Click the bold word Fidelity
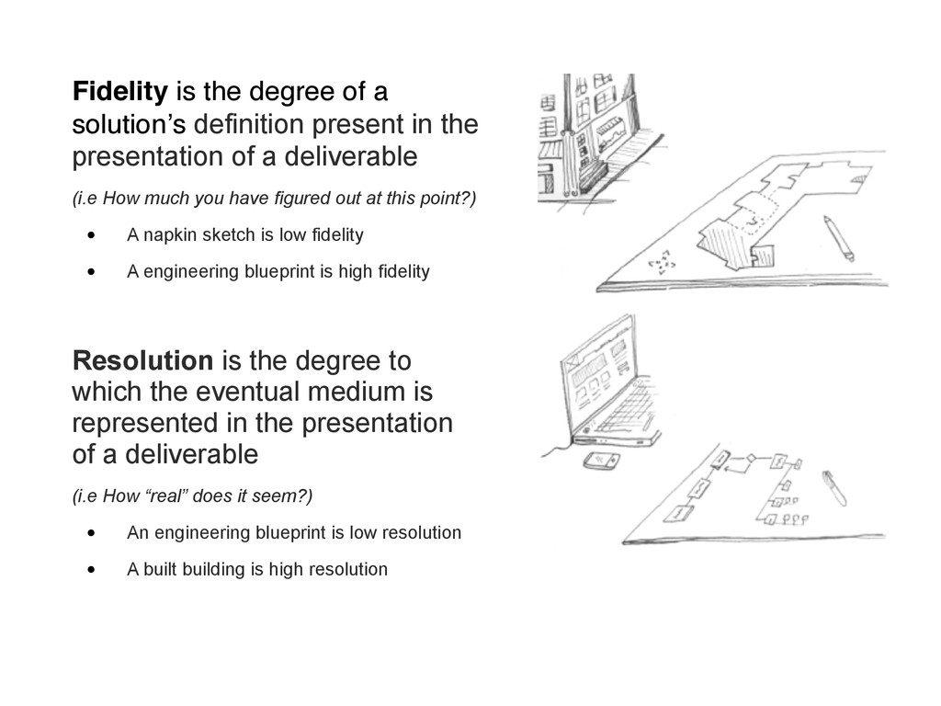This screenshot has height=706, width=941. coord(120,92)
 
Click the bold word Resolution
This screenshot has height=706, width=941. coord(142,360)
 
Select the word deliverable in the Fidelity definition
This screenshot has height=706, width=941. coord(350,156)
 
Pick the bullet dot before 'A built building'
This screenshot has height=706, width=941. coord(91,569)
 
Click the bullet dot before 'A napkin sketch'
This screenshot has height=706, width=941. coord(91,235)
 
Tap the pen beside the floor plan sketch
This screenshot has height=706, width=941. coord(838,238)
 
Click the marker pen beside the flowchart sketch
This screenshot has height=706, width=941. coord(834,487)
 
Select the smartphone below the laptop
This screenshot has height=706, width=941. coord(601,461)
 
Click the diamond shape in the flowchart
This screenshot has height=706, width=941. coord(750,459)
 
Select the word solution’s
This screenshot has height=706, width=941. coord(130,124)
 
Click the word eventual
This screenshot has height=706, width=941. coord(242,392)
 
